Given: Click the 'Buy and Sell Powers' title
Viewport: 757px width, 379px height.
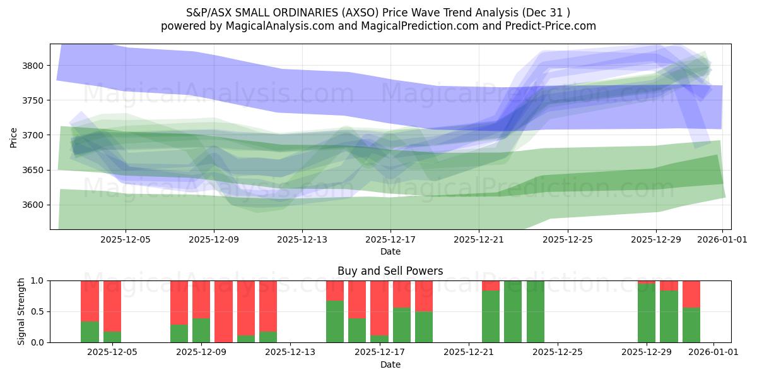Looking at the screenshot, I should click(390, 271).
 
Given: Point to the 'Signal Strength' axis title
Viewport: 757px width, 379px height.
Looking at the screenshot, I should click(21, 311).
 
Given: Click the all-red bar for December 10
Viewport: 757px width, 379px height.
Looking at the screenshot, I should click(223, 311).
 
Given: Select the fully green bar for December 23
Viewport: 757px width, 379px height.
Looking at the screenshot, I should click(513, 311).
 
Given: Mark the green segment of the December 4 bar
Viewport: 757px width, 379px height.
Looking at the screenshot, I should click(90, 332).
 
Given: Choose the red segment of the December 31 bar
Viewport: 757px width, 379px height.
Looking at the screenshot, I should click(691, 294).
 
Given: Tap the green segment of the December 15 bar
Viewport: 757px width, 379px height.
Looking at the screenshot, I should click(335, 322).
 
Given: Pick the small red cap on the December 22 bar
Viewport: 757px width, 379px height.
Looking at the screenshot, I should click(491, 286).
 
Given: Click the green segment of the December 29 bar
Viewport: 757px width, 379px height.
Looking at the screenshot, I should click(647, 313).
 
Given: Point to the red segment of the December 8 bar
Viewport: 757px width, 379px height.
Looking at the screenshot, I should click(179, 302).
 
